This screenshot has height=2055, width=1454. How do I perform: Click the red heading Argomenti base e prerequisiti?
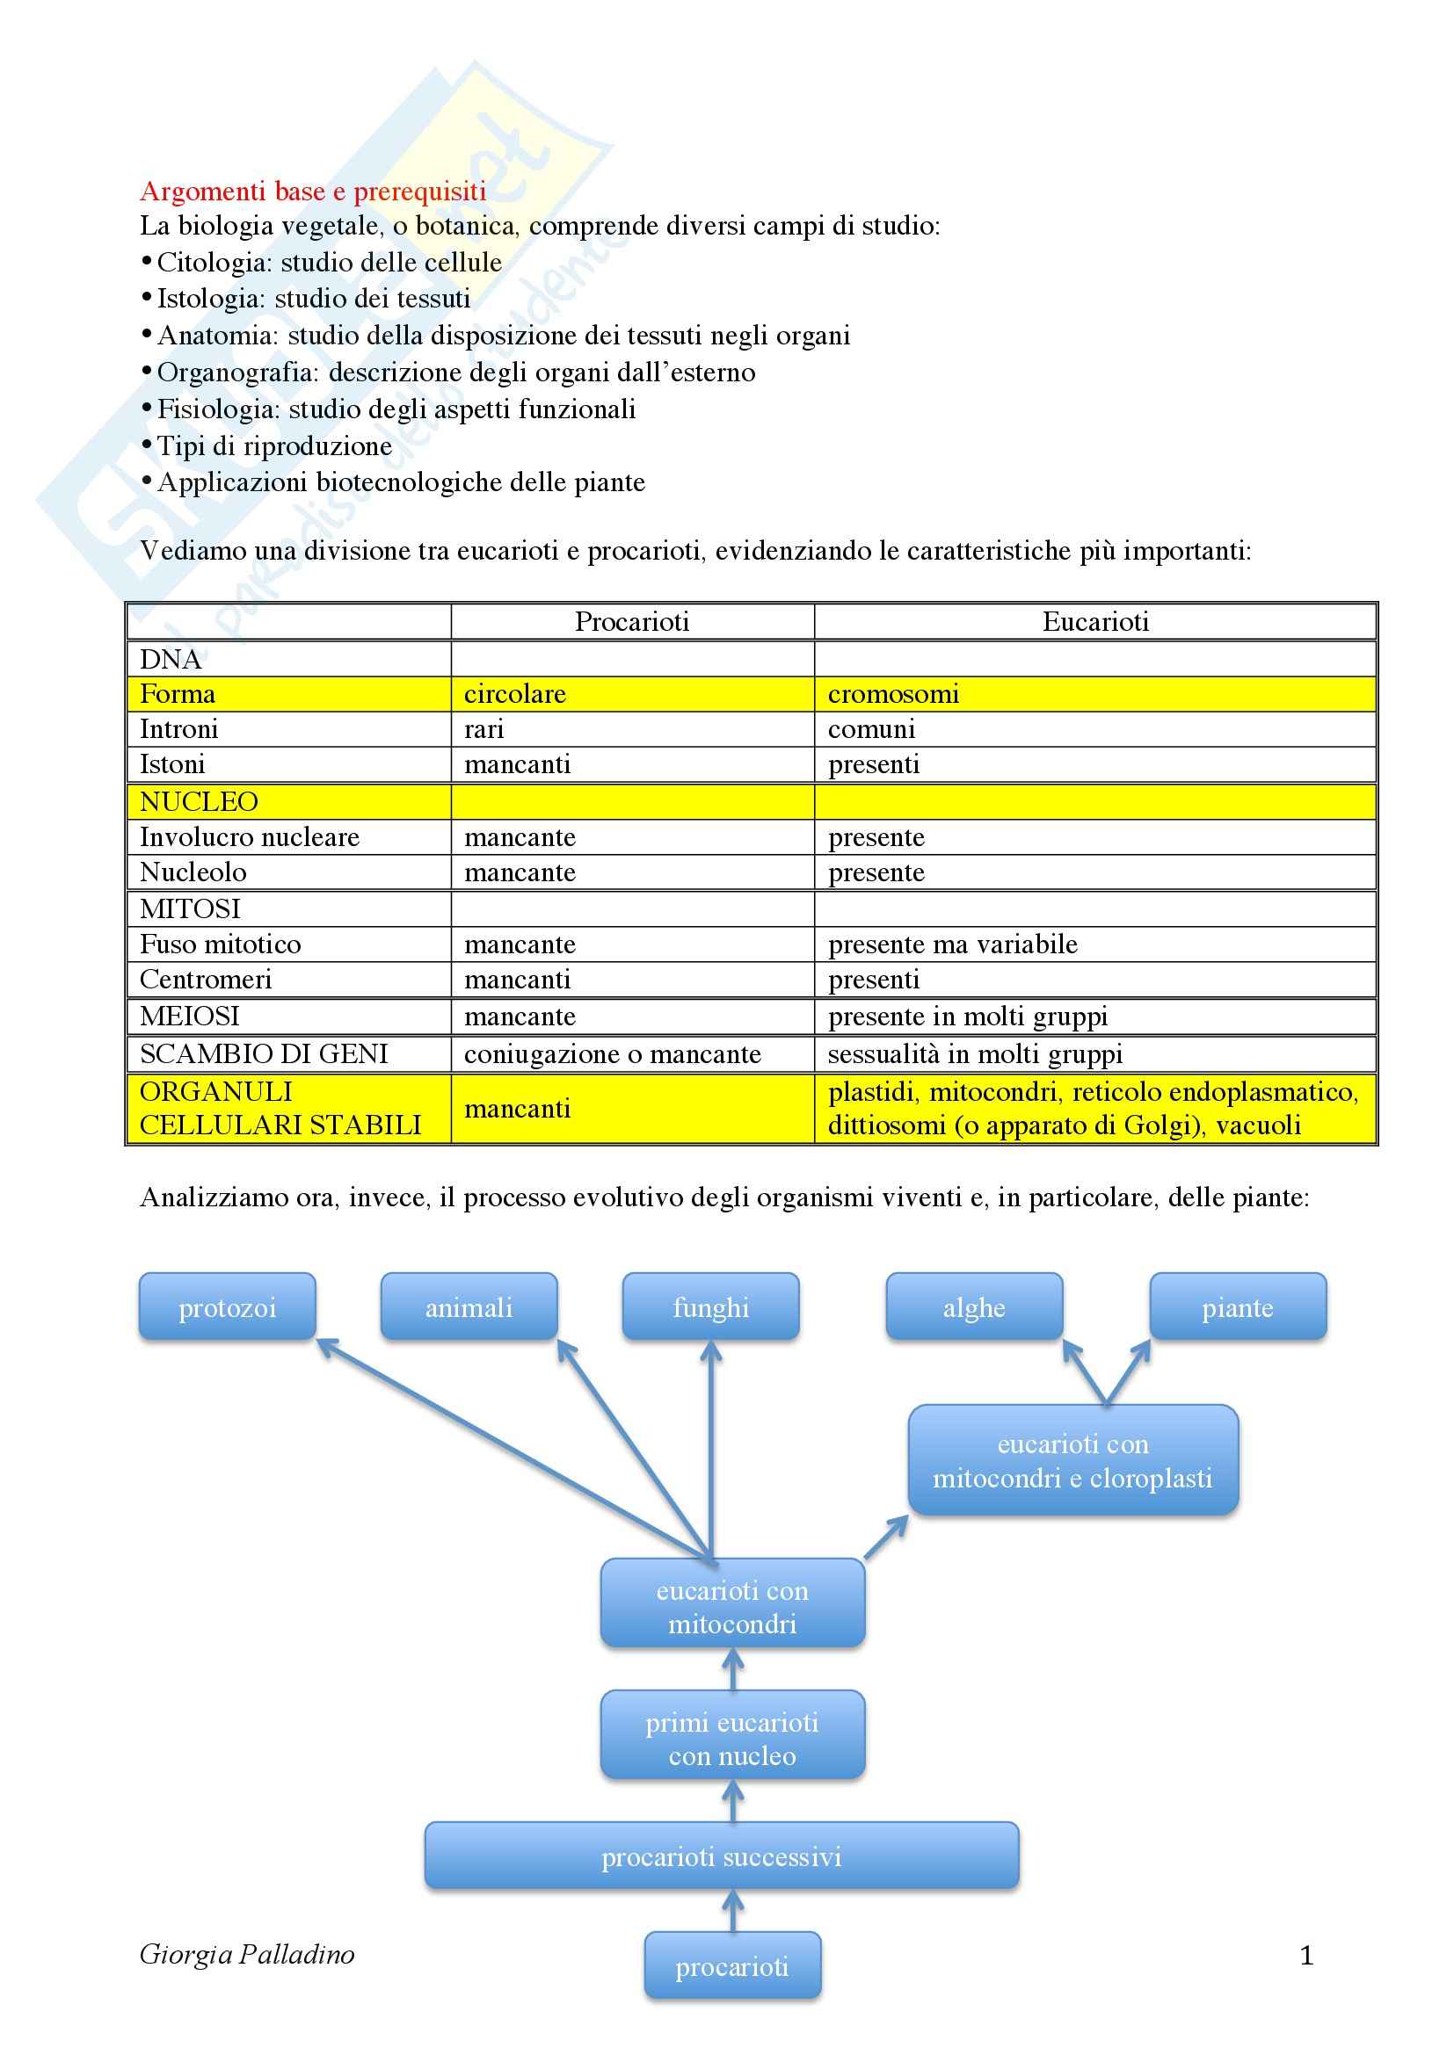312,191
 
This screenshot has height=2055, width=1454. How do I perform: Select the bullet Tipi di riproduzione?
274,445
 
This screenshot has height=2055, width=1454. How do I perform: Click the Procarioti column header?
631,621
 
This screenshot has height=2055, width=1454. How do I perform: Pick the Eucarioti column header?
1095,621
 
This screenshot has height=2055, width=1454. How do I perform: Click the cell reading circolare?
515,694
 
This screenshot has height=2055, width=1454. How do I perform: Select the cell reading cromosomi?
892,694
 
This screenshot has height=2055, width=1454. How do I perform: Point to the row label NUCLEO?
199,801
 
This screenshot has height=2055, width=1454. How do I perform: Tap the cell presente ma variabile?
952,944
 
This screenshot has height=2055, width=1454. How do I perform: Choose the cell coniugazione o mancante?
612,1053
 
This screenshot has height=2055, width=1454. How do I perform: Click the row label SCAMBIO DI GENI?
264,1053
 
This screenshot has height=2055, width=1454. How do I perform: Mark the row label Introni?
179,729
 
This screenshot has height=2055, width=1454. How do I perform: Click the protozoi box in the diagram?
228,1307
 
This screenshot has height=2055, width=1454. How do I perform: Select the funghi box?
710,1307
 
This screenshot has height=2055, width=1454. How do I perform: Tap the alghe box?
974,1307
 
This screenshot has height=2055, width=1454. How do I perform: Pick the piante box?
1238,1307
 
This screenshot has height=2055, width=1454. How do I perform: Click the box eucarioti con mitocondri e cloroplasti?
1072,1461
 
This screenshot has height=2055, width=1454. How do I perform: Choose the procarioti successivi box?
721,1857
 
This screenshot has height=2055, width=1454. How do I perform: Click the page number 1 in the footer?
1306,1956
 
